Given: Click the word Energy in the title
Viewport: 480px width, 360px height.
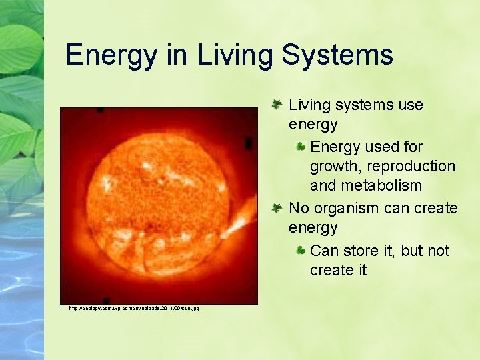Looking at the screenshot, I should (x=111, y=55).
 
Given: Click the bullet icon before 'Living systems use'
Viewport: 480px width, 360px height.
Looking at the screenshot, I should (x=278, y=105).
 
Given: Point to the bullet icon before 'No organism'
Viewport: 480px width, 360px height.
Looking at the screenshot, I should (x=278, y=208).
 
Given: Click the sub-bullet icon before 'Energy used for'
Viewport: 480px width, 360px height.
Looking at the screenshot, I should (x=301, y=147).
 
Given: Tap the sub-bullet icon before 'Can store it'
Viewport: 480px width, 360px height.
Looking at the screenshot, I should (x=301, y=251).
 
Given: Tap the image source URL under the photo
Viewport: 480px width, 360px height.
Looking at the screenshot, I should (x=134, y=308).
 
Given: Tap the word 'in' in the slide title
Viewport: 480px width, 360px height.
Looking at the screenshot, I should (x=177, y=55).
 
